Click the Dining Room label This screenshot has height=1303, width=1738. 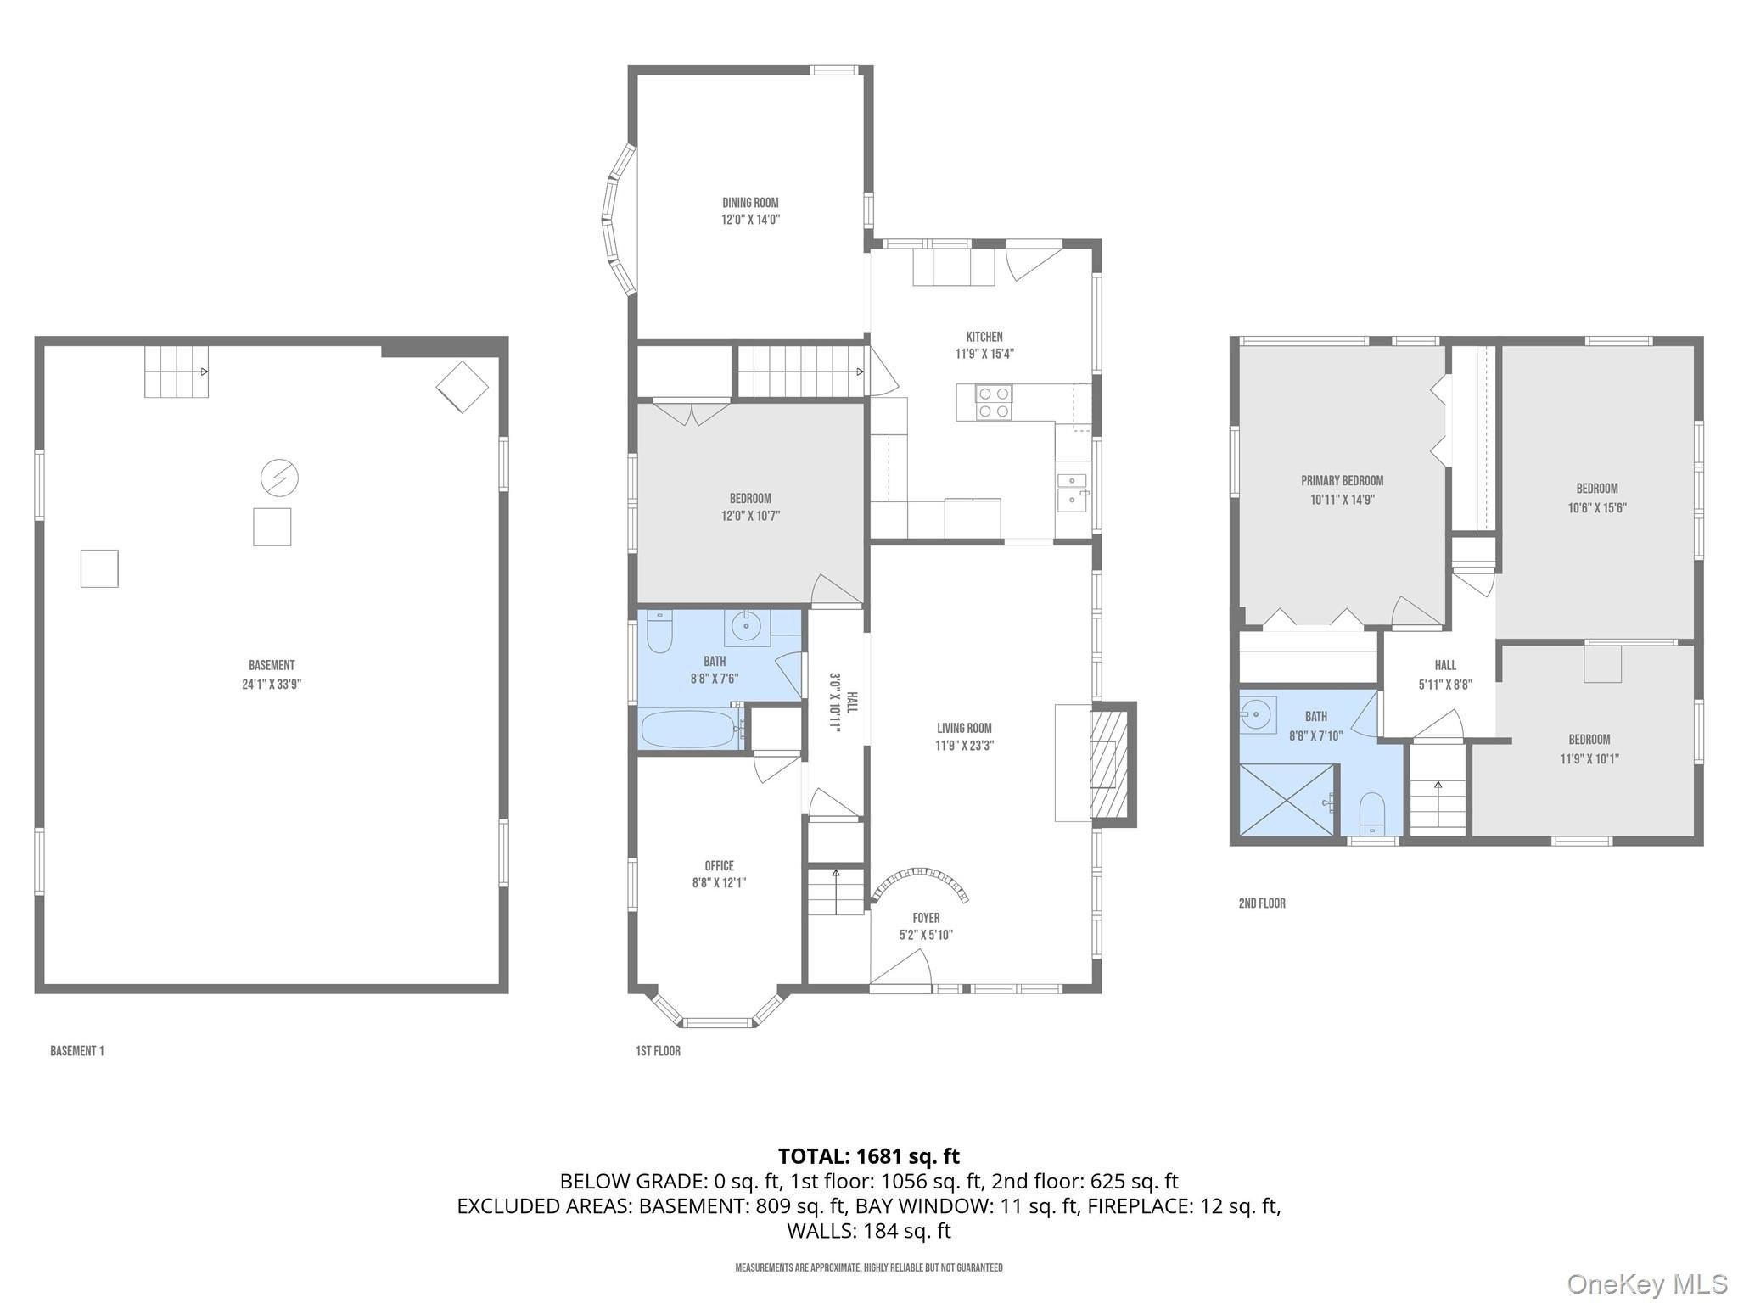(x=750, y=203)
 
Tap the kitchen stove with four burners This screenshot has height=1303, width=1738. (x=984, y=402)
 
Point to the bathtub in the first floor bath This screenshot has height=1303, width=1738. (x=691, y=729)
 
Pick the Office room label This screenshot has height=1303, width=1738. (x=719, y=866)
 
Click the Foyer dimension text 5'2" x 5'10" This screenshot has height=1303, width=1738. (x=926, y=935)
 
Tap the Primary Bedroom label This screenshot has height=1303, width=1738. (x=1342, y=481)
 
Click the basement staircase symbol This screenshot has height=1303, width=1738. (x=177, y=372)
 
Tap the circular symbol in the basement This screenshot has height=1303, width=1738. (x=279, y=478)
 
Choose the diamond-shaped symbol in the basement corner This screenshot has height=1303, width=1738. (x=463, y=387)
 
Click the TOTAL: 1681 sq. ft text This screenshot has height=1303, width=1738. (x=869, y=1156)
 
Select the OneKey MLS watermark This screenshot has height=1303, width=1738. (x=1647, y=1283)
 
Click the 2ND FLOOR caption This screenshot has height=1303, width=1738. (x=1262, y=903)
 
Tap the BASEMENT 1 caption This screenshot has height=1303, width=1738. (x=77, y=1051)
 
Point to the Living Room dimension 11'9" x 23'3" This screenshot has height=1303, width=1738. (x=964, y=746)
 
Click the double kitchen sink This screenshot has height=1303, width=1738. (x=1072, y=489)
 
